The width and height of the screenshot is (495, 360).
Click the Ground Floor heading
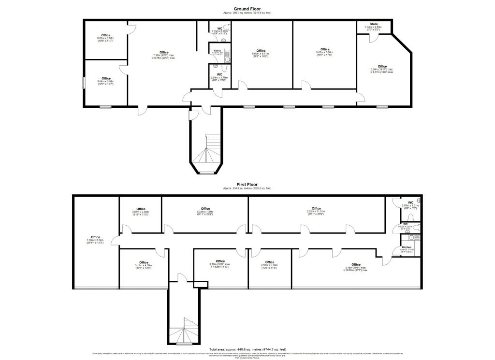click(x=247, y=9)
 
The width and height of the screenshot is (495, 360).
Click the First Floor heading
click(x=247, y=185)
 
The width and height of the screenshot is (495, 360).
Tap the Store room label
click(x=373, y=24)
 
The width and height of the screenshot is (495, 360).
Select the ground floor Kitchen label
click(x=218, y=50)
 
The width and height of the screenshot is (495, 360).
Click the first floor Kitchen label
click(x=407, y=247)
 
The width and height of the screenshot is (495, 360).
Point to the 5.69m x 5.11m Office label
click(x=261, y=51)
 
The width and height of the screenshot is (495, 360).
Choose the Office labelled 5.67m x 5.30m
click(x=324, y=49)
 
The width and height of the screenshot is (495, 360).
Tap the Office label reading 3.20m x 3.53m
click(x=106, y=35)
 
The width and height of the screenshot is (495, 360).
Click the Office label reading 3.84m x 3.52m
click(x=106, y=78)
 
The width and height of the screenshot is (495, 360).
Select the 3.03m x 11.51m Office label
click(x=317, y=209)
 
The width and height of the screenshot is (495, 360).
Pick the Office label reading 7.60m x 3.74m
click(x=95, y=237)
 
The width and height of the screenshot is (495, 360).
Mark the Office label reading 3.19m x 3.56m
click(x=270, y=262)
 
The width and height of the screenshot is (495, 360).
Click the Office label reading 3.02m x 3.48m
click(x=141, y=209)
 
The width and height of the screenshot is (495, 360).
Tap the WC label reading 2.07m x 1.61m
click(x=410, y=202)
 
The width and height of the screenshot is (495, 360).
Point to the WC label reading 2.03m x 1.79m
click(x=219, y=74)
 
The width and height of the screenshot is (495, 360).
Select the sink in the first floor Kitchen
click(x=412, y=237)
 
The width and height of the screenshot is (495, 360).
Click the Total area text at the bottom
click(x=247, y=349)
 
